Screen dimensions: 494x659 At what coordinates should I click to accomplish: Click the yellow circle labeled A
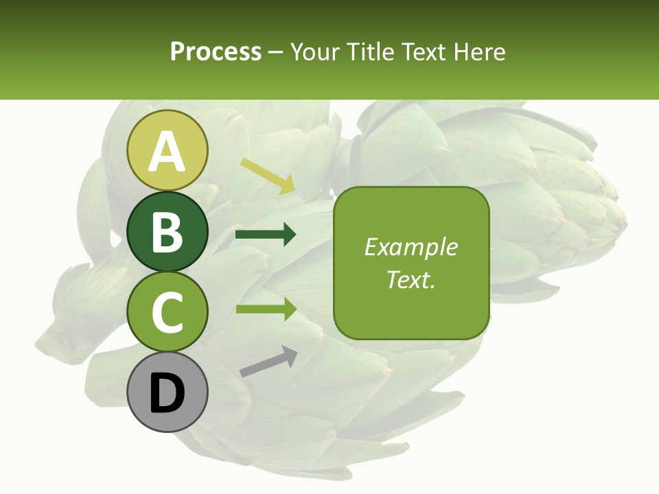pyautogui.click(x=167, y=150)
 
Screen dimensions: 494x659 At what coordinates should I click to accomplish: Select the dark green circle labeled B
pyautogui.click(x=167, y=231)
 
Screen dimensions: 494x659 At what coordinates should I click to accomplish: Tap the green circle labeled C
pyautogui.click(x=167, y=312)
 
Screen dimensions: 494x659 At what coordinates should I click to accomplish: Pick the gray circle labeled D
pyautogui.click(x=167, y=393)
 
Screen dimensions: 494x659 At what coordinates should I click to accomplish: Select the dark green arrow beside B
pyautogui.click(x=266, y=235)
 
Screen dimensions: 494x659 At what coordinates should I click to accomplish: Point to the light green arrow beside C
pyautogui.click(x=266, y=309)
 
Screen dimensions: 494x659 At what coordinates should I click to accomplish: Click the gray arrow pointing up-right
pyautogui.click(x=268, y=362)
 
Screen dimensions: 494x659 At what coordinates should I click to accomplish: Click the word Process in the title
pyautogui.click(x=216, y=51)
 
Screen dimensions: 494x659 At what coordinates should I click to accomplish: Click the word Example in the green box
pyautogui.click(x=411, y=247)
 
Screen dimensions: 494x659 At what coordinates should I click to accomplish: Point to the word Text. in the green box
pyautogui.click(x=411, y=279)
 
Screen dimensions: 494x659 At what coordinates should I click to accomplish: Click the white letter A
pyautogui.click(x=167, y=152)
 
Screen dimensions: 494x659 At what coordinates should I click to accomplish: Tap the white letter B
pyautogui.click(x=167, y=232)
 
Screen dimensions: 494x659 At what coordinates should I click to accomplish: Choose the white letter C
pyautogui.click(x=167, y=313)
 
